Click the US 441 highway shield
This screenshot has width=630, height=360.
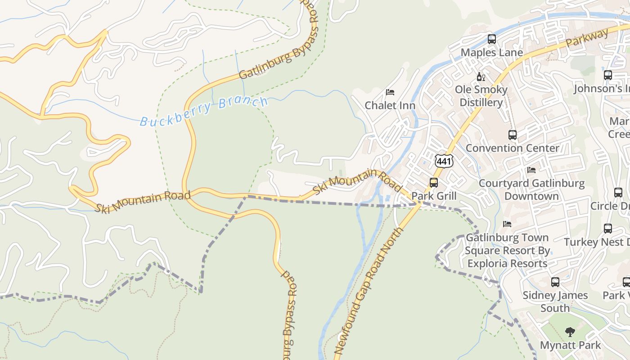click(444, 161)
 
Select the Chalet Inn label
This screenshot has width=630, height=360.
click(390, 105)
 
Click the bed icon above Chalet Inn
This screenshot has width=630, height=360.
click(390, 92)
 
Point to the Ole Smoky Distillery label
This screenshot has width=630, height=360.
click(481, 96)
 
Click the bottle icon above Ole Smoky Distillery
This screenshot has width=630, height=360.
click(481, 77)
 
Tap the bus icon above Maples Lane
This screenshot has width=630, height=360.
click(492, 39)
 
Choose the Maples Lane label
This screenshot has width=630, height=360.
click(492, 53)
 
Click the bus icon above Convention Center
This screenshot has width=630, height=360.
click(513, 135)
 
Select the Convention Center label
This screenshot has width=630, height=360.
click(513, 148)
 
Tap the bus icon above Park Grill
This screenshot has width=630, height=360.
click(434, 183)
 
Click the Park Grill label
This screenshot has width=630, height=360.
click(434, 196)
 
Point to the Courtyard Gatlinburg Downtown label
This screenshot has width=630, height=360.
click(531, 189)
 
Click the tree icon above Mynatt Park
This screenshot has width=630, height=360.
click(570, 333)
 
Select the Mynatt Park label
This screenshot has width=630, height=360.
click(570, 346)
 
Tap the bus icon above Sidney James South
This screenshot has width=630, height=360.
click(555, 282)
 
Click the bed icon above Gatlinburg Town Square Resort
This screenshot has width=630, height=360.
click(507, 224)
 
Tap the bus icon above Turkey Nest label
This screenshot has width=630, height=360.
click(608, 229)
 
